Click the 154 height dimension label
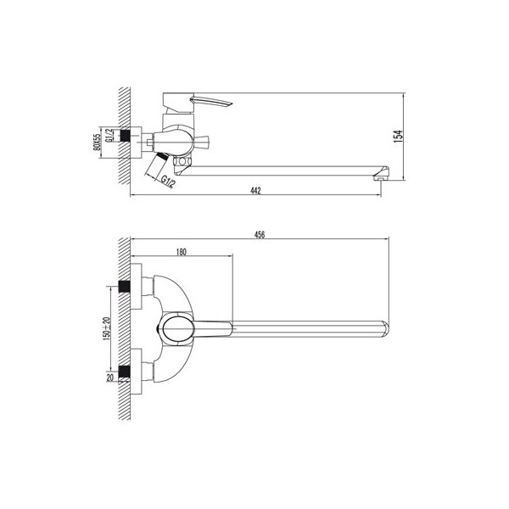click(400, 137)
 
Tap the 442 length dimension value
click(256, 191)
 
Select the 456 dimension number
click(260, 235)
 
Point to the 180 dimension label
click(182, 252)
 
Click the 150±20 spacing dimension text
click(107, 327)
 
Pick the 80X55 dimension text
click(97, 143)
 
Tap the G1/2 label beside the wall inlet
click(110, 135)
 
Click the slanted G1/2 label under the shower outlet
click(169, 182)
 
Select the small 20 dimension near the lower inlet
click(110, 378)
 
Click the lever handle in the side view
click(212, 101)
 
